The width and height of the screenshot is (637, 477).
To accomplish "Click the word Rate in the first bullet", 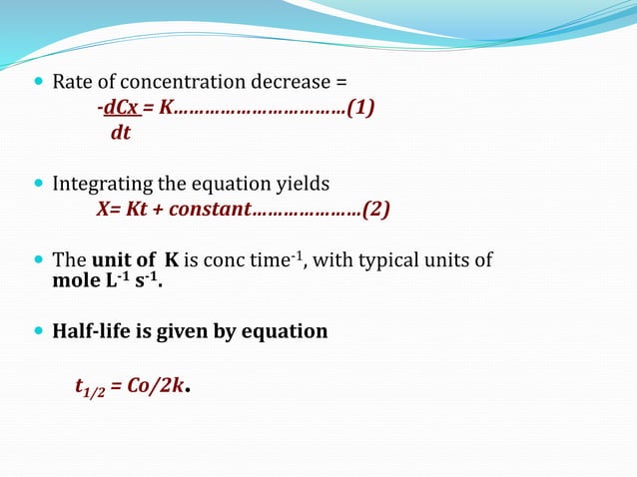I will [x=71, y=81].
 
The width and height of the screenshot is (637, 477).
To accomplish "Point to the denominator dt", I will [x=120, y=132].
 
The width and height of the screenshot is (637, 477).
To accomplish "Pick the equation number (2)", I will [x=375, y=210].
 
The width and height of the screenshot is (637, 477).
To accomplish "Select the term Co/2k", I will [x=154, y=385].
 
